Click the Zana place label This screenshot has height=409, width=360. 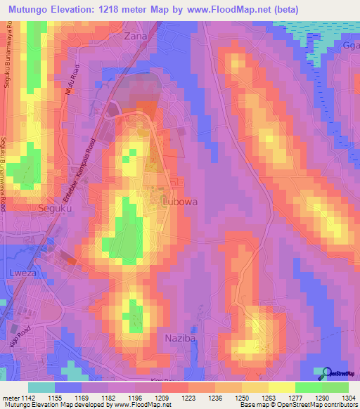(x=136, y=35)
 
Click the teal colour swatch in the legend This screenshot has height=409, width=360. (x=41, y=387)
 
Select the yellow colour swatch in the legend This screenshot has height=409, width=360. (x=282, y=387)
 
